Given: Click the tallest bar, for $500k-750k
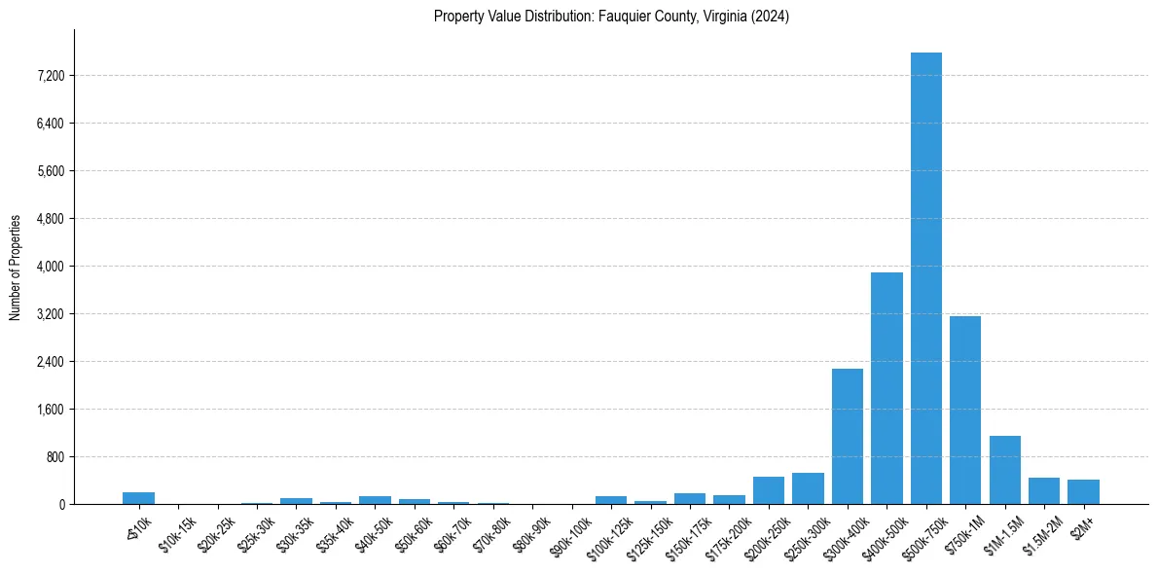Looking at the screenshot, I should point(925,278).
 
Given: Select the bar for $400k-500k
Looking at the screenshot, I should point(887,388).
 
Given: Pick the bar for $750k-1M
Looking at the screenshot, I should point(965,410).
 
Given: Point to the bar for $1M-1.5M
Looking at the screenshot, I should point(1004,470).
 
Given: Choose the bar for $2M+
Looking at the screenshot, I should point(1083,491).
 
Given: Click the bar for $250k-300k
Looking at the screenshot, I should point(808,488).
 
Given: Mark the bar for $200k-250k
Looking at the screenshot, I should point(769,490).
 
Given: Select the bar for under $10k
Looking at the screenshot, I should point(138,498).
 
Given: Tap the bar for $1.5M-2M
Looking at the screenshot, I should point(1044,490).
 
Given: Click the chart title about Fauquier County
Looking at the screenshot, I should point(611,17).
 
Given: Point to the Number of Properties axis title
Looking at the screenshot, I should point(16,268).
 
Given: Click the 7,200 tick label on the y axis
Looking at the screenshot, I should point(48,76).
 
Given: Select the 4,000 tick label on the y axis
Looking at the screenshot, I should point(48,267).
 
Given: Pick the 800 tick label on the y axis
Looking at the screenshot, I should point(53,457).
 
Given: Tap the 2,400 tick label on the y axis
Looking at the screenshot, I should point(48,362).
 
